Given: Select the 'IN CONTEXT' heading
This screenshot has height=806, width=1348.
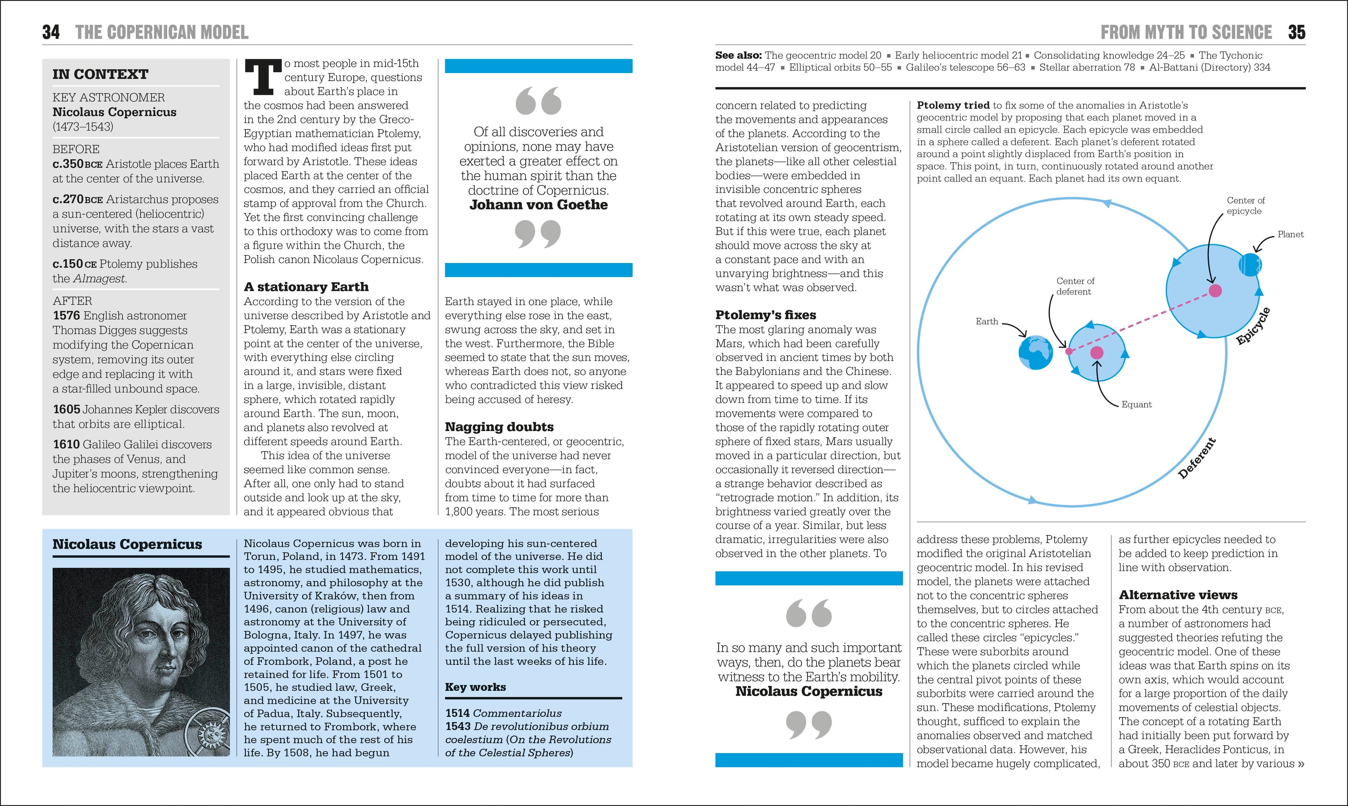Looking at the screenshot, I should click(x=100, y=74).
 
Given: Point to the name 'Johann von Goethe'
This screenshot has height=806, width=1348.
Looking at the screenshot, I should click(x=538, y=205).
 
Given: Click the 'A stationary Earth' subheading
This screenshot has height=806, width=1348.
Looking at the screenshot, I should click(x=306, y=287).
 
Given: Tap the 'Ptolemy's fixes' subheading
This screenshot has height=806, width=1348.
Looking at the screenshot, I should click(x=765, y=315).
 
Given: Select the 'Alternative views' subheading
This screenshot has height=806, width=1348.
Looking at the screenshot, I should click(x=1178, y=595).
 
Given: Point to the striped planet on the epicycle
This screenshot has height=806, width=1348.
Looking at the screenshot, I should click(x=1250, y=264).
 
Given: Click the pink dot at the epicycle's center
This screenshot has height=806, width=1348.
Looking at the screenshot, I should click(x=1215, y=291).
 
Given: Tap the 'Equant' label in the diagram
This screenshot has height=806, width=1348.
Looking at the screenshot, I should click(x=1136, y=405).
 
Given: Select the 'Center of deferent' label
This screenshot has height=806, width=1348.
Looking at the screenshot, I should click(x=1075, y=286).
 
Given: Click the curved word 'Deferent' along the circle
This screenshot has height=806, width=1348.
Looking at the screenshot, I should click(x=1196, y=459).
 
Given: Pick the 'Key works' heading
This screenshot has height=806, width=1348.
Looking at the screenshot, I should click(x=475, y=687).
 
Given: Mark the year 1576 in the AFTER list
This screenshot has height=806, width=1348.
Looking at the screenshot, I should click(x=66, y=316).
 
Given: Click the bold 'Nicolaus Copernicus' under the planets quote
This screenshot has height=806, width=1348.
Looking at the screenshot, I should click(x=809, y=692).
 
